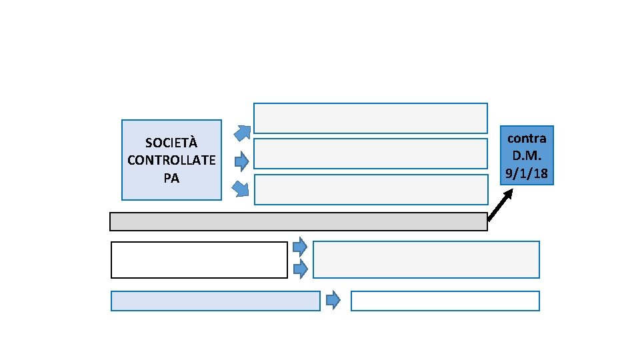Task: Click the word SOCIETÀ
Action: click(171, 143)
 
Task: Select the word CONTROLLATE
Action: click(171, 160)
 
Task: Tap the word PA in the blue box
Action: click(171, 178)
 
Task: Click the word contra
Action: click(527, 139)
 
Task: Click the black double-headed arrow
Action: click(500, 205)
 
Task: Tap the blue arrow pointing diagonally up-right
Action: click(243, 133)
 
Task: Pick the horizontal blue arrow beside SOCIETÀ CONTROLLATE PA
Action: click(242, 161)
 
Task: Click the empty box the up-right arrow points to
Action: click(371, 118)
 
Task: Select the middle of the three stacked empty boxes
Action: click(371, 153)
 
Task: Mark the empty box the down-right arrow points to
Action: click(371, 189)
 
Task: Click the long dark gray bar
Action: click(298, 221)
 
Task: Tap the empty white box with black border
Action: click(199, 259)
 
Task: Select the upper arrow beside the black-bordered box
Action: click(300, 247)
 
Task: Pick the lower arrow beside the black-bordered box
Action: click(300, 269)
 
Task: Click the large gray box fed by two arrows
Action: click(426, 259)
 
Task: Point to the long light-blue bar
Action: click(215, 301)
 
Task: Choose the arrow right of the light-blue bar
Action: click(333, 301)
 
